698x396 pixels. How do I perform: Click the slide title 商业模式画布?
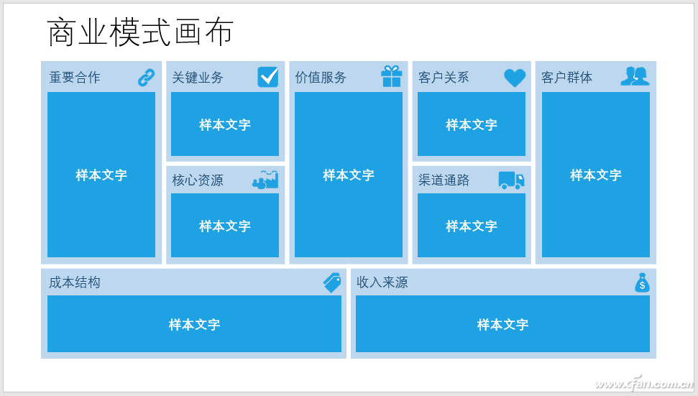tap(139, 32)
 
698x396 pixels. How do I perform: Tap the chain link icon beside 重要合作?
tap(146, 78)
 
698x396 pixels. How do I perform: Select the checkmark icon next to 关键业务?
tap(268, 77)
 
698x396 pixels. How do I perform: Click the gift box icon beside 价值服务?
tap(392, 76)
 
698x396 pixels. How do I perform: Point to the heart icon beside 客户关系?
tap(515, 78)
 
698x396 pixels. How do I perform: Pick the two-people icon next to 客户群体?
tap(635, 76)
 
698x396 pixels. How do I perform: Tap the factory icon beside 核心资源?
tap(265, 179)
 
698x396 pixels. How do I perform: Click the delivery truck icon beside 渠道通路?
tap(512, 180)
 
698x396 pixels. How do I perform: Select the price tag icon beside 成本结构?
tap(333, 282)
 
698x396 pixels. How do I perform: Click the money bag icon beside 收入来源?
tap(642, 282)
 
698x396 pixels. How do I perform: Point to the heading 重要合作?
tap(74, 78)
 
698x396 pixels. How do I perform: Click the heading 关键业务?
tap(198, 78)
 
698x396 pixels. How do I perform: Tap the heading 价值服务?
tap(321, 78)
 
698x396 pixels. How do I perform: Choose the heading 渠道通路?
tap(444, 180)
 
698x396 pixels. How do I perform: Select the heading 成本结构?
tap(74, 282)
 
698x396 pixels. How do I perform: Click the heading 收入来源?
tap(382, 282)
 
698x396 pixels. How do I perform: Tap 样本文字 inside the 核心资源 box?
tap(225, 226)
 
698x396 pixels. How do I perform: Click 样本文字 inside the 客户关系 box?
tap(472, 124)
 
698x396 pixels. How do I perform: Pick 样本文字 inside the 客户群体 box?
tap(596, 175)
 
